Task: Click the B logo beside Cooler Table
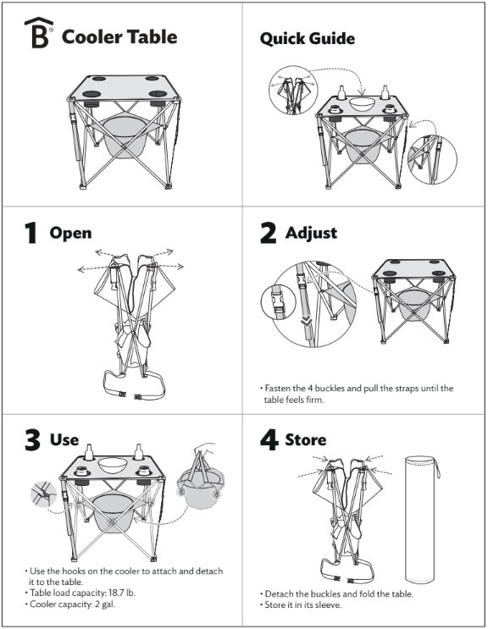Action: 38,33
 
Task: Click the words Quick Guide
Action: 307,39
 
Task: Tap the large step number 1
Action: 30,233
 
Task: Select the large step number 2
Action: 268,233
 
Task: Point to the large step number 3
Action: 32,440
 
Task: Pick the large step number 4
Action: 269,440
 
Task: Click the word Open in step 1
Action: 70,234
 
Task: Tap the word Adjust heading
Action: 311,233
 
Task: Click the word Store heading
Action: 305,439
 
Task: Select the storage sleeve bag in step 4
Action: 420,520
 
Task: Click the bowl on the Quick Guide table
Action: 362,103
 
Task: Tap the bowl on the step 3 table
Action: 113,465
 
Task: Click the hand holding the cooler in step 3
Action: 205,449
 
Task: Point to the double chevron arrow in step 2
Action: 307,321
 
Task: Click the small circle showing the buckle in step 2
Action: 279,302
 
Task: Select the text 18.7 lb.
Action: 122,593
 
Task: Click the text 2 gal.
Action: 105,604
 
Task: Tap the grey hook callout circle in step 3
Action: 44,494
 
